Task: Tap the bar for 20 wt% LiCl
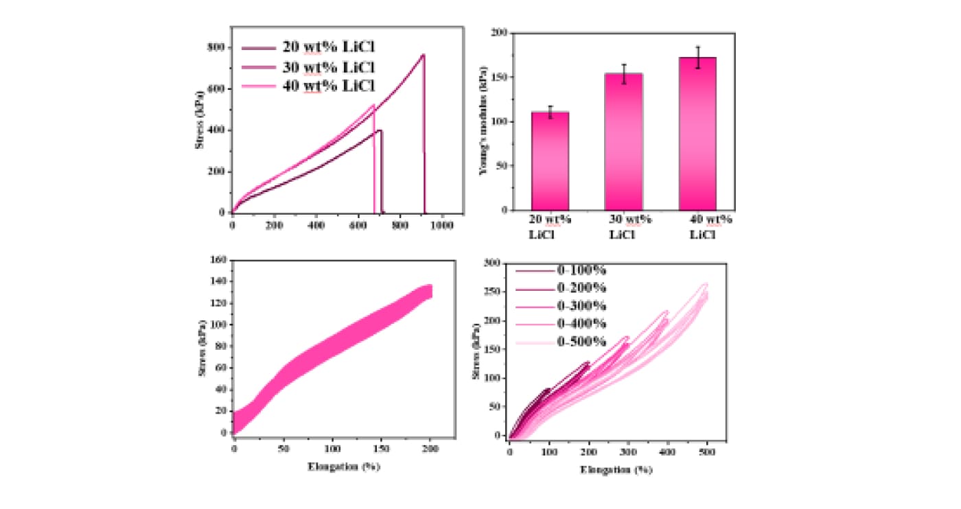[550, 161]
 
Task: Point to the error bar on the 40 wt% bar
[697, 58]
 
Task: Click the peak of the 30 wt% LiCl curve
[423, 55]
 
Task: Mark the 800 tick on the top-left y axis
[218, 47]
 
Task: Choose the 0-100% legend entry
[580, 270]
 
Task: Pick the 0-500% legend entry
[580, 341]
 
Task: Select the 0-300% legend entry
[580, 305]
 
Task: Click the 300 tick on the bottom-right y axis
[492, 263]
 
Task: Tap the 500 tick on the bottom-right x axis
[707, 452]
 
